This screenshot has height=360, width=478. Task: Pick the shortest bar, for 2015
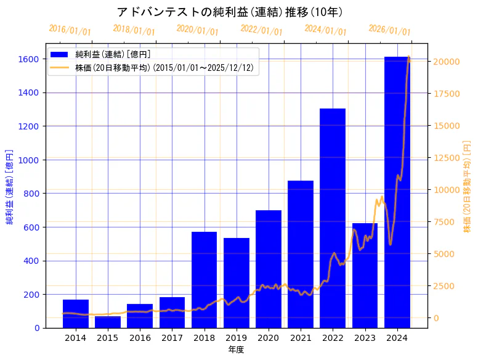tap(108, 322)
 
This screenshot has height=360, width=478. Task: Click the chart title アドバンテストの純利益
tap(230, 12)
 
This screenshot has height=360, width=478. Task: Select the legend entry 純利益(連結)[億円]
tap(117, 55)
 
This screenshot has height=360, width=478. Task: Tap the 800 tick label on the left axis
tap(32, 194)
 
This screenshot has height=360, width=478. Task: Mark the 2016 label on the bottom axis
tap(140, 338)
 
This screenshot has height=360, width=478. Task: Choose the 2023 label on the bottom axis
tap(365, 338)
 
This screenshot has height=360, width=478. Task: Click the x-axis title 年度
tap(236, 350)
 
